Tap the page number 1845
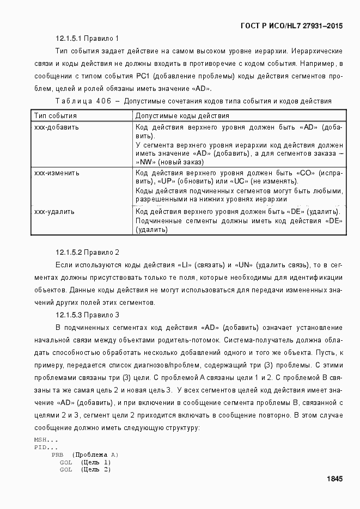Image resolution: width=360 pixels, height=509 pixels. click(334, 479)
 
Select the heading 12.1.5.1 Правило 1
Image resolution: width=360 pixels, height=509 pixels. click(87, 39)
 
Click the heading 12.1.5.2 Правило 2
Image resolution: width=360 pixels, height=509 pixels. click(87, 253)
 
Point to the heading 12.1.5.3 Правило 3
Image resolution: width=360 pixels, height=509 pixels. click(87, 315)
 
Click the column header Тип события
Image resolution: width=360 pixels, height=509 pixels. click(55, 116)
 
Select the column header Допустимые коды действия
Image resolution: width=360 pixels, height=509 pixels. click(182, 116)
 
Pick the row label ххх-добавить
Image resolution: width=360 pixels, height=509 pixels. click(57, 127)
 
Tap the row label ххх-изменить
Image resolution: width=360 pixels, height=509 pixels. click(57, 173)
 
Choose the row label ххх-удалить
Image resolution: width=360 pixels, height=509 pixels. click(54, 211)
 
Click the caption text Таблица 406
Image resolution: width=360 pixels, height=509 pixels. click(87, 101)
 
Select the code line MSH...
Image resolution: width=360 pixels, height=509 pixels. click(45, 439)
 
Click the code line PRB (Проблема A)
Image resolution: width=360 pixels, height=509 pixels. click(85, 455)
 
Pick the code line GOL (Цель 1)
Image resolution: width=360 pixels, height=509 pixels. click(85, 462)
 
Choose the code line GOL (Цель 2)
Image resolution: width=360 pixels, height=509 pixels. click(85, 470)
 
